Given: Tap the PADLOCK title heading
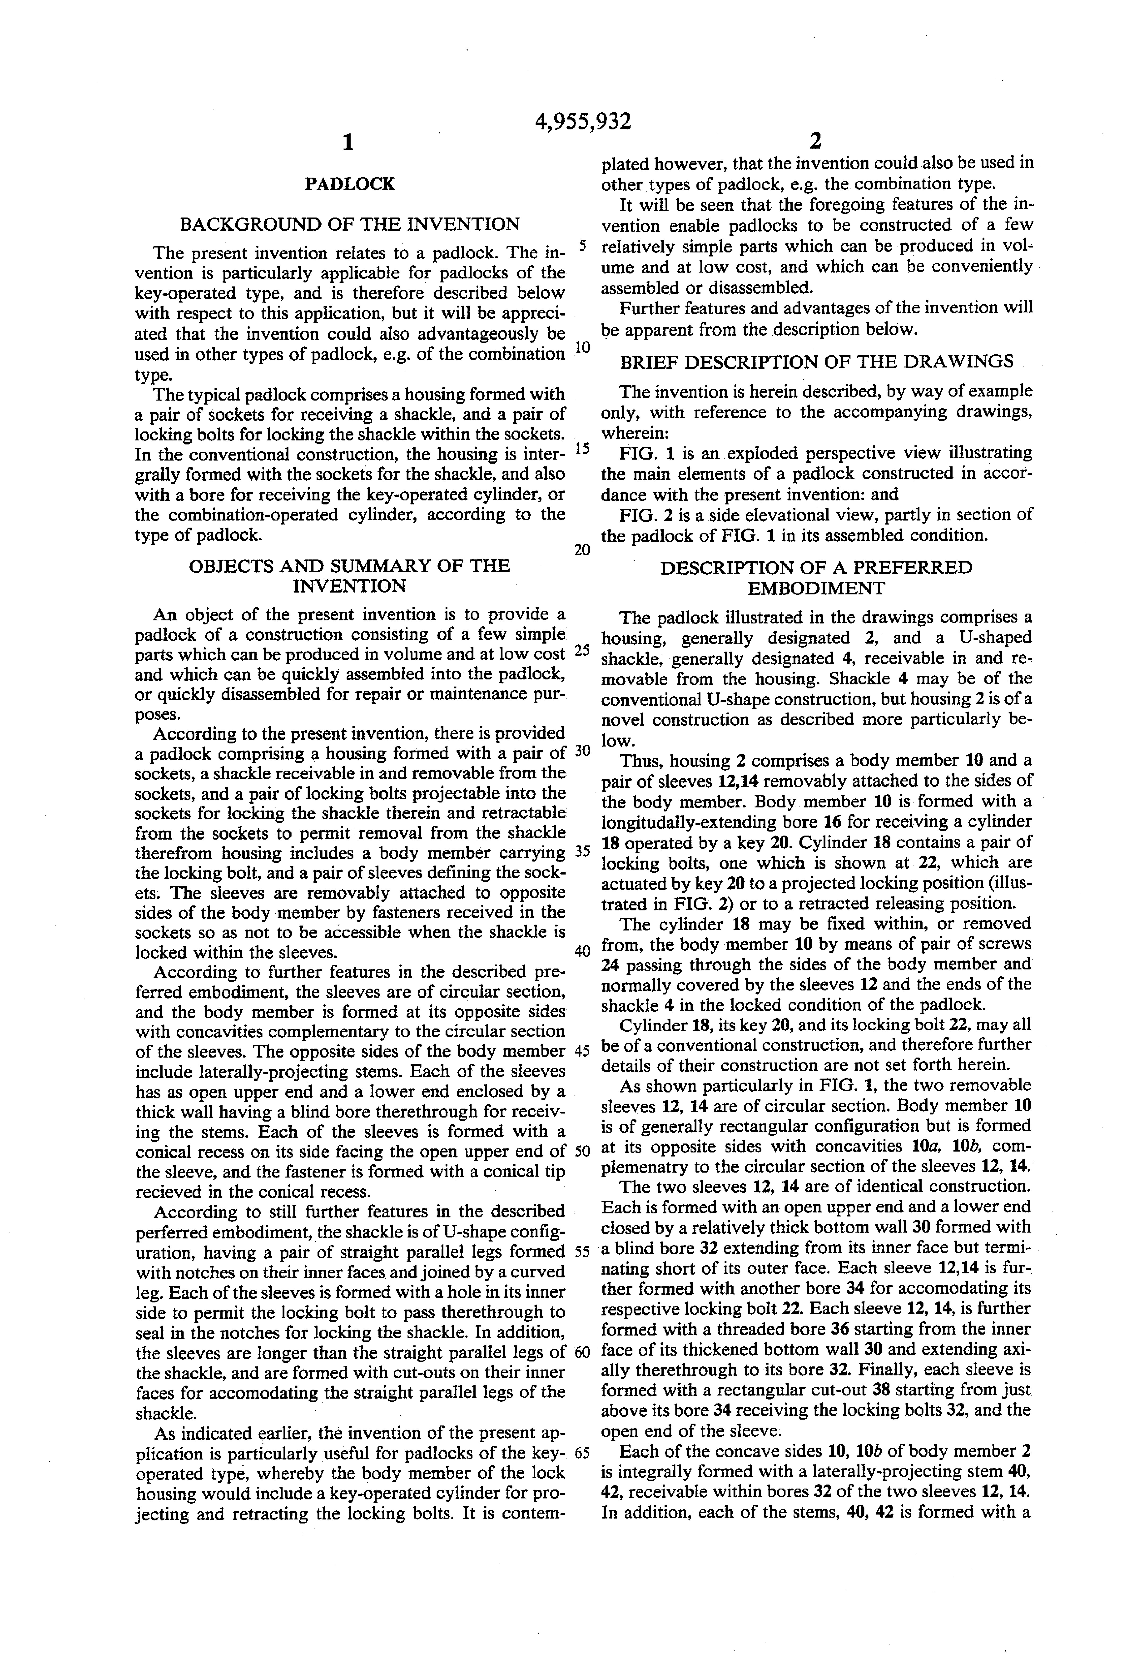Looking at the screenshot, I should click(349, 184).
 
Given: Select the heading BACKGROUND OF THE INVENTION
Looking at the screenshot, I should click(349, 224).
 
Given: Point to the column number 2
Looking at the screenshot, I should click(816, 140).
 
